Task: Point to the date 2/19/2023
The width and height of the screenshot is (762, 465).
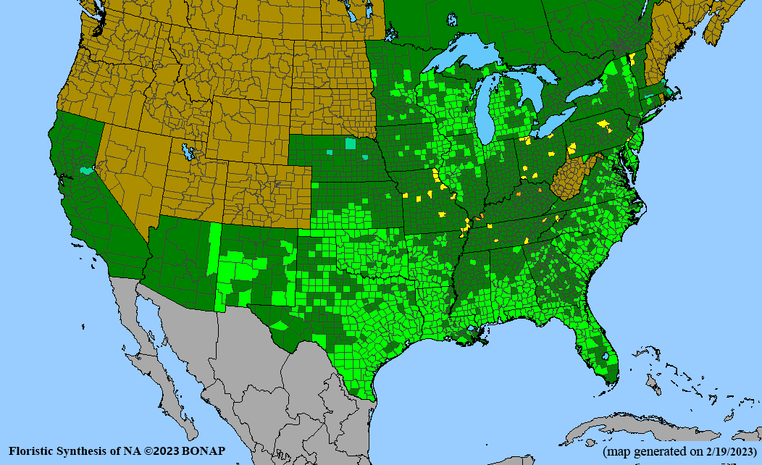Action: coord(724,451)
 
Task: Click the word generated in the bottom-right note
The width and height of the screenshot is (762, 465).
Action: coord(665,451)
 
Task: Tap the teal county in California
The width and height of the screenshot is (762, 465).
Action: coord(87,171)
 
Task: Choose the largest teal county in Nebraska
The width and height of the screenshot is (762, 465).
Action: coord(351,143)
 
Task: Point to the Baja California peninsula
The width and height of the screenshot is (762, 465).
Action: coord(145,340)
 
